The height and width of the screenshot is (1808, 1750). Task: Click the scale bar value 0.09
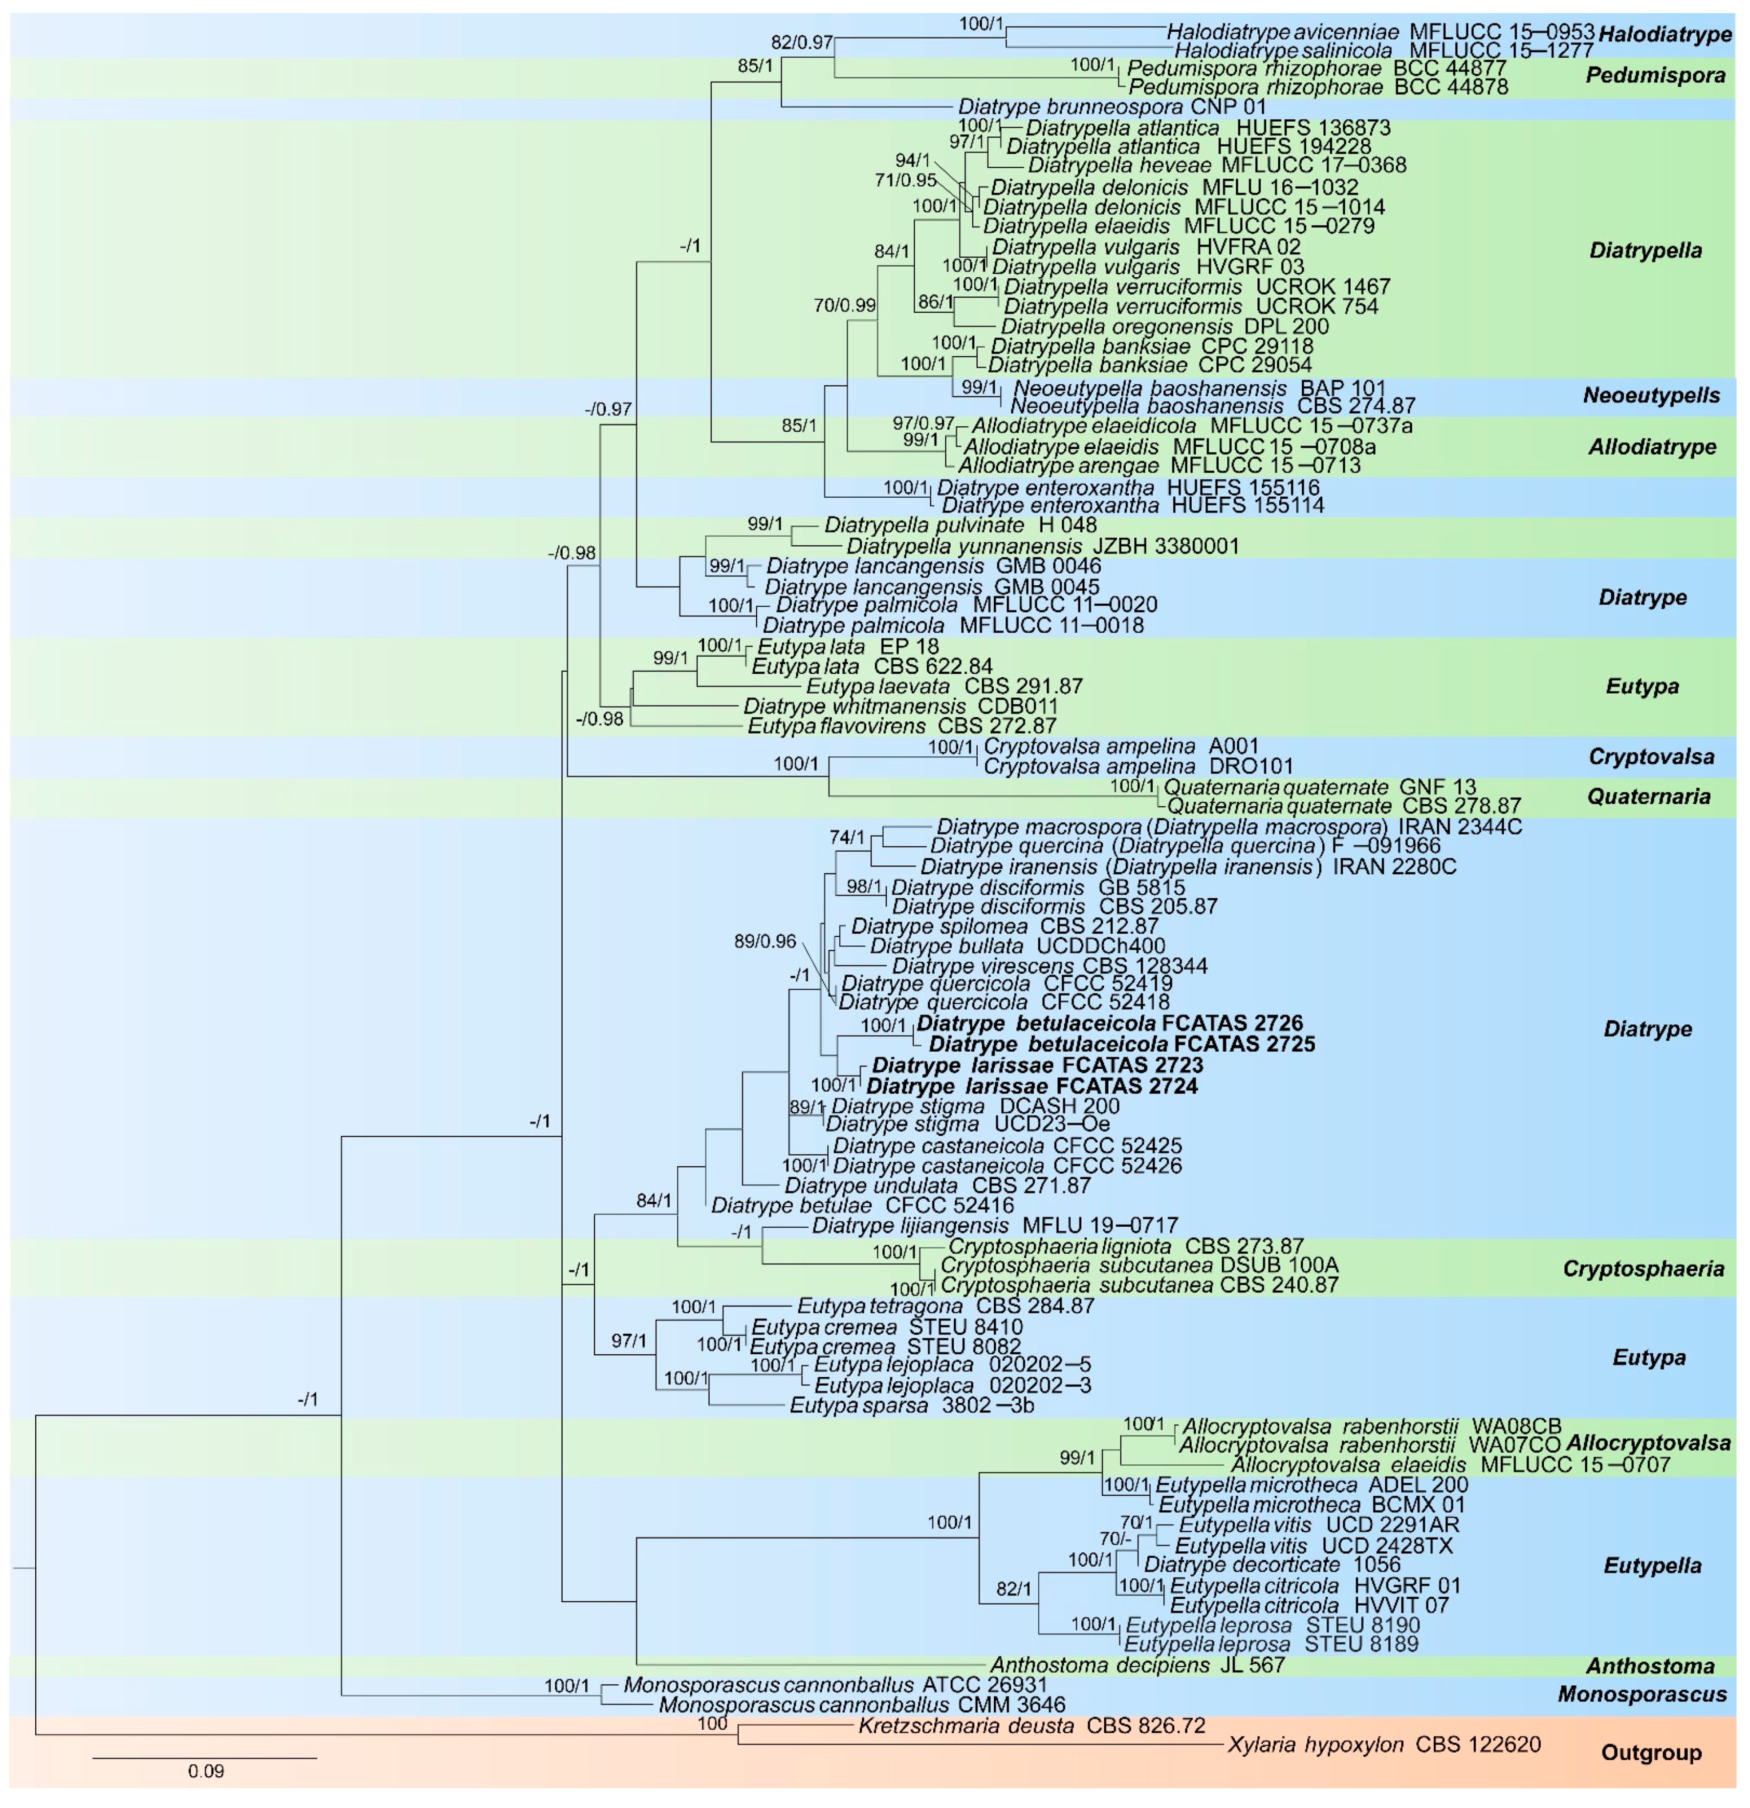(206, 1771)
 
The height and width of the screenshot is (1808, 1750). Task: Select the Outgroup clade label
(1651, 1753)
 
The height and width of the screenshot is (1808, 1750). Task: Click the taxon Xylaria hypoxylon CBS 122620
(1384, 1744)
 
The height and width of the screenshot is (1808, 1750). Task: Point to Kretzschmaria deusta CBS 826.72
(1031, 1725)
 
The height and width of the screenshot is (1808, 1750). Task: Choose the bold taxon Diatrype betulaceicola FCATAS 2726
(1110, 1023)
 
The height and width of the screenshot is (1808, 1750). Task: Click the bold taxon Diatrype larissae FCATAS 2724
(1032, 1086)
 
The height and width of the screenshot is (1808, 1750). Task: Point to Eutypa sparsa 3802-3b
(912, 1406)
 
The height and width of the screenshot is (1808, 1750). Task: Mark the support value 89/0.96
(765, 942)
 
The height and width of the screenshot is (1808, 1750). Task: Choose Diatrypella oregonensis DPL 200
(1164, 327)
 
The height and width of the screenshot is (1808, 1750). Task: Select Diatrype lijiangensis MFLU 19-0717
(994, 1226)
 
